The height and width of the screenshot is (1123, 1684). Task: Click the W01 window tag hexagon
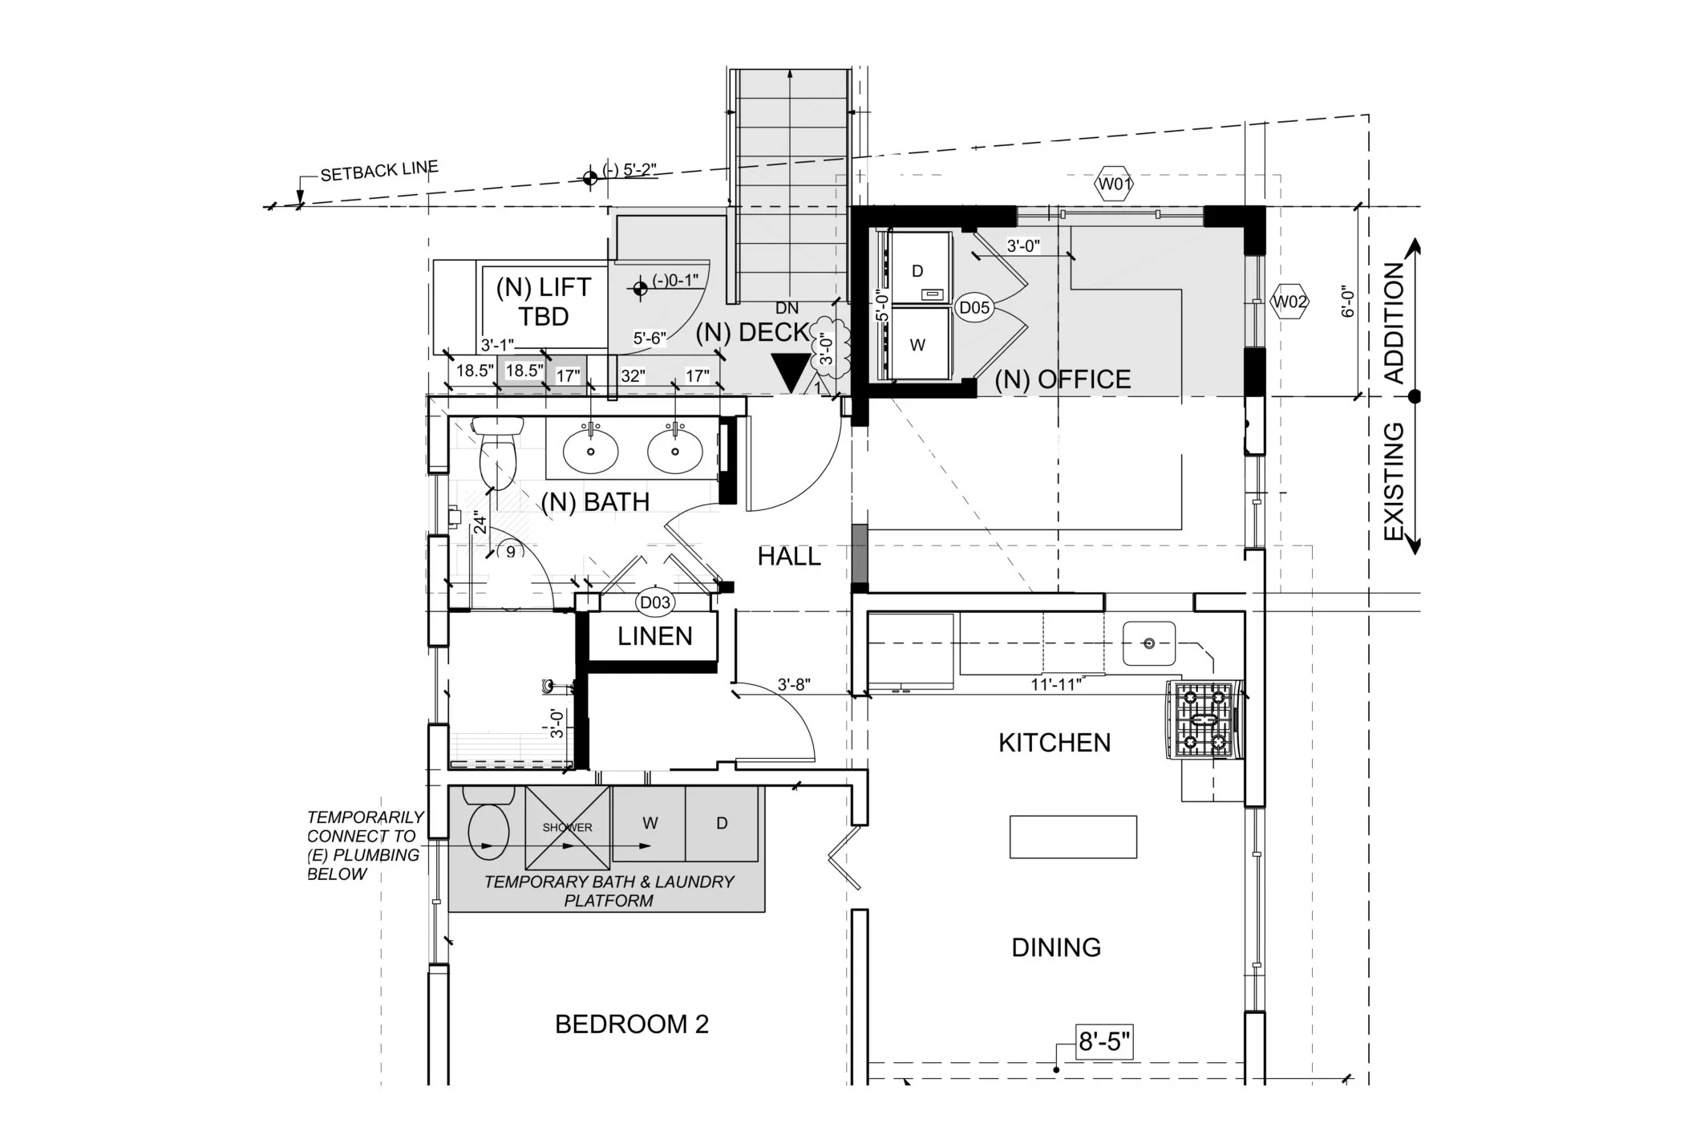[1114, 185]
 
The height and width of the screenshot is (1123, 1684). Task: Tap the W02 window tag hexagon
[1289, 302]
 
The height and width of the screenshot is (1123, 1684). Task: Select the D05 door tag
[974, 307]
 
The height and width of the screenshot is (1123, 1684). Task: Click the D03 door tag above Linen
[654, 602]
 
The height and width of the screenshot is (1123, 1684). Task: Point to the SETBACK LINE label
[378, 171]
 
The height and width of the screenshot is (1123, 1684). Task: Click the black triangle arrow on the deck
[791, 372]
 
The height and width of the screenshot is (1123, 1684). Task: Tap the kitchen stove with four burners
[1201, 720]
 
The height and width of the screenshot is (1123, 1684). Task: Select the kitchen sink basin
[1148, 643]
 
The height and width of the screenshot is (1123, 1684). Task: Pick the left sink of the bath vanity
[590, 451]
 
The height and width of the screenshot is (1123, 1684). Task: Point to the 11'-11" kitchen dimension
[1056, 685]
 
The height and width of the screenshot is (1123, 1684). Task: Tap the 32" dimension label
[632, 375]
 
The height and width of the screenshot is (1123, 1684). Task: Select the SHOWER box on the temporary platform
[567, 827]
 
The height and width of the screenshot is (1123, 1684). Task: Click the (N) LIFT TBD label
[543, 302]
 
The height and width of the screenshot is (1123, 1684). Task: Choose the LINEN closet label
[654, 637]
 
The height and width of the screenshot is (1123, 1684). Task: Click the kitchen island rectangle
[1073, 837]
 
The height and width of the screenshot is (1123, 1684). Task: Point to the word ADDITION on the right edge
[1395, 322]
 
